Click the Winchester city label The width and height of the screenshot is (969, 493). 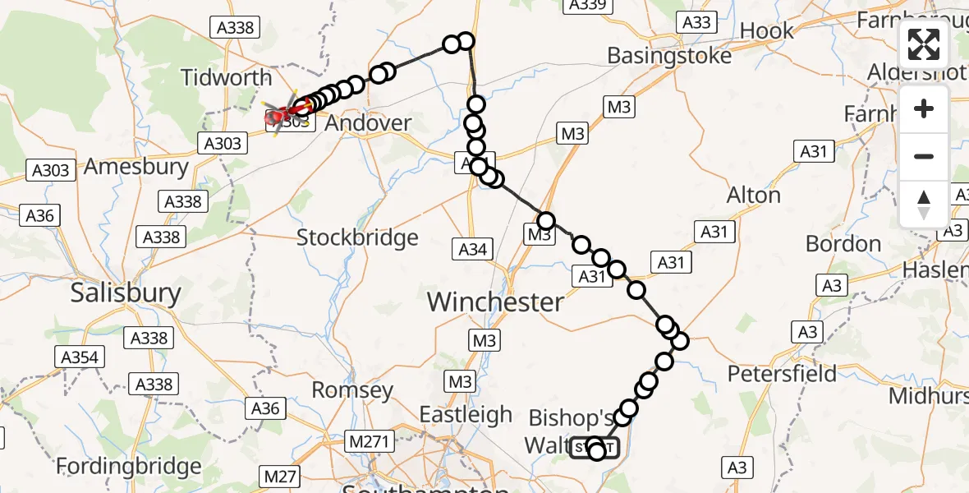495,302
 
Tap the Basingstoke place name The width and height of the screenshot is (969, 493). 669,56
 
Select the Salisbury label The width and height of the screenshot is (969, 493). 126,293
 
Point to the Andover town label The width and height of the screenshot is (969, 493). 369,123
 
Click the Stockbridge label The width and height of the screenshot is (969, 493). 357,237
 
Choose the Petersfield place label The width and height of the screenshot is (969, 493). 782,374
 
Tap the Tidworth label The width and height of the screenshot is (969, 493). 227,78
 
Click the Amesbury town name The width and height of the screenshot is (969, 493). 137,166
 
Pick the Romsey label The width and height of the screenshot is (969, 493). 353,389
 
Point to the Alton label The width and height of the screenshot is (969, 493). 754,196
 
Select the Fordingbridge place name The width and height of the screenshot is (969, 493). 129,467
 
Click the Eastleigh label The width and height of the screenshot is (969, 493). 466,415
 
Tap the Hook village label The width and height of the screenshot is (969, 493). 767,31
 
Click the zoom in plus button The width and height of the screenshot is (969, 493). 924,108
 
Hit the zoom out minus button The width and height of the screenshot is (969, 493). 924,156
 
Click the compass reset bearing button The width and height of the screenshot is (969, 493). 924,204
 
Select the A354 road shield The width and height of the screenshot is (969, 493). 80,357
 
